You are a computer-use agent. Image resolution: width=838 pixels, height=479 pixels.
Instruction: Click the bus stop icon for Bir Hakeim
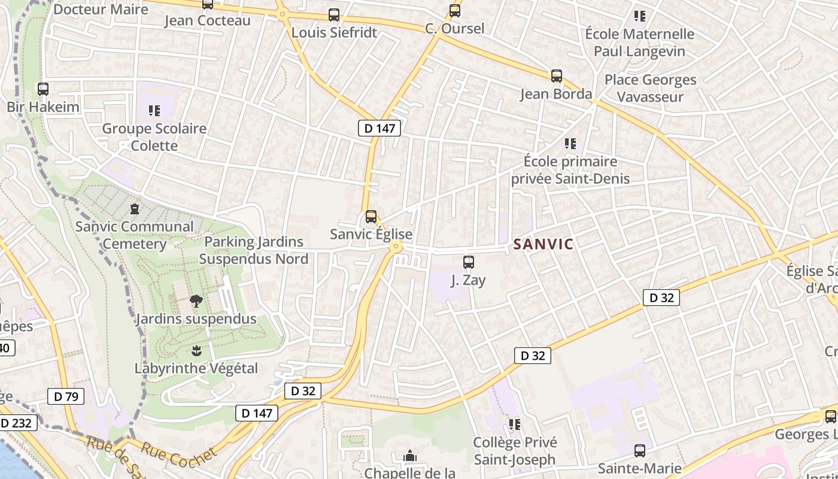pyautogui.click(x=43, y=89)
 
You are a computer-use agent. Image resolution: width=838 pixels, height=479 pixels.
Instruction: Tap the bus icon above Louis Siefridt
pyautogui.click(x=334, y=15)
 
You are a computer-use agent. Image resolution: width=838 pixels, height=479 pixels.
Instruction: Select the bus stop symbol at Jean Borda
pyautogui.click(x=557, y=76)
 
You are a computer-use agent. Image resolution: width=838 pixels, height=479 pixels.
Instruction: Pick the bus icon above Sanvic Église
pyautogui.click(x=371, y=217)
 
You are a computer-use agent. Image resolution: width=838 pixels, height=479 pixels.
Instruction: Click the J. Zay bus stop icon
pyautogui.click(x=469, y=262)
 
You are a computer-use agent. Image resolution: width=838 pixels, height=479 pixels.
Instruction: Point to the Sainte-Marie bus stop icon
pyautogui.click(x=640, y=451)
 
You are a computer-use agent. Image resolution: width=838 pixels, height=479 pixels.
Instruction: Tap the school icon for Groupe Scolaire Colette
pyautogui.click(x=154, y=111)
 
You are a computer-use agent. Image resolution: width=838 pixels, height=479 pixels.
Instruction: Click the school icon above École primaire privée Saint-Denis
pyautogui.click(x=570, y=144)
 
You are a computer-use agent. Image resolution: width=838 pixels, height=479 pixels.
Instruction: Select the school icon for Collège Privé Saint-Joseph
pyautogui.click(x=515, y=425)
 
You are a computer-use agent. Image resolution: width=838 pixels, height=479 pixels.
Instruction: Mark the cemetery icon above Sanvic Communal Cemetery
pyautogui.click(x=135, y=209)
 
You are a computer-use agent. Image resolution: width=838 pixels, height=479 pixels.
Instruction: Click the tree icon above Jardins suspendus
pyautogui.click(x=196, y=301)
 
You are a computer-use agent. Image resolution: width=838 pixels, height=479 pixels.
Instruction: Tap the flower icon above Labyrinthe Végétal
pyautogui.click(x=196, y=350)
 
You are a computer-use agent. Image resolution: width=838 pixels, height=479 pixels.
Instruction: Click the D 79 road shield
pyautogui.click(x=66, y=396)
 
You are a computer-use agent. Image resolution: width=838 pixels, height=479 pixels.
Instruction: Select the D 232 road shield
pyautogui.click(x=16, y=423)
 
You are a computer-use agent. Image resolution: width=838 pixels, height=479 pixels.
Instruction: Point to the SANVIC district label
pyautogui.click(x=544, y=244)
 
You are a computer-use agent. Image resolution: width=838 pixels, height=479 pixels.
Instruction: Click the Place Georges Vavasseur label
pyautogui.click(x=650, y=88)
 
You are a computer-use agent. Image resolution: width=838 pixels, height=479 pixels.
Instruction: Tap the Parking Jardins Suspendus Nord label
pyautogui.click(x=254, y=250)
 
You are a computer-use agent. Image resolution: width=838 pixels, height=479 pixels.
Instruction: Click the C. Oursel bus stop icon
pyautogui.click(x=455, y=11)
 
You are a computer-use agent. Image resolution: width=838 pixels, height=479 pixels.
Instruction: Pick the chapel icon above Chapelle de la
pyautogui.click(x=410, y=457)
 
